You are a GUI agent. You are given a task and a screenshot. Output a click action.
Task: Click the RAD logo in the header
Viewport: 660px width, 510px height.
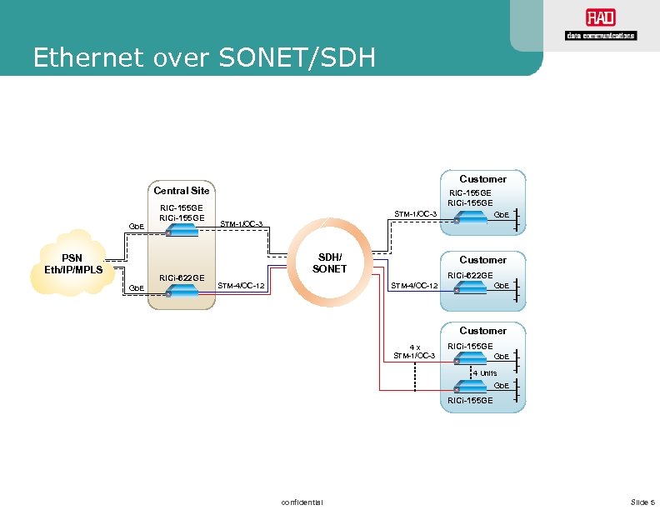pos(599,25)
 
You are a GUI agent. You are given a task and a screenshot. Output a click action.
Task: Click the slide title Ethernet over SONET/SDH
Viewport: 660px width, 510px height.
pos(204,58)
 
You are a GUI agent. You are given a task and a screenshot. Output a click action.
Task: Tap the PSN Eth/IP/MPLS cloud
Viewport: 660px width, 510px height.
pos(73,262)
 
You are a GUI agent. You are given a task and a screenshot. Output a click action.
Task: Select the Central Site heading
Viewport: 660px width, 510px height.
pos(181,191)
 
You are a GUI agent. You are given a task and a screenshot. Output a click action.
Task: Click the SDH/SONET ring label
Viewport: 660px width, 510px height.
pos(328,262)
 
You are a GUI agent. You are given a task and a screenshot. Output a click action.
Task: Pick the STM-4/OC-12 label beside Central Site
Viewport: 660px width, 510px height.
pos(241,286)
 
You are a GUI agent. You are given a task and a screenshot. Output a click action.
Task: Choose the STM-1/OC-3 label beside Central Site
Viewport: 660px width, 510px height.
pos(241,223)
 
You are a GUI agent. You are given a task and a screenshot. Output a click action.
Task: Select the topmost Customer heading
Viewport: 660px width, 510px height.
pos(482,179)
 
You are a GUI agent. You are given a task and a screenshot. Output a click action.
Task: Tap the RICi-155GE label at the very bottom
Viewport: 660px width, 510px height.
pos(470,401)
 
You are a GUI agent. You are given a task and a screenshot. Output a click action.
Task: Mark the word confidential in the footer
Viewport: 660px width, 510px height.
pos(302,501)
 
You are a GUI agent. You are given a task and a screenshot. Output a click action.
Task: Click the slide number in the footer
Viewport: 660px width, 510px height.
pos(642,501)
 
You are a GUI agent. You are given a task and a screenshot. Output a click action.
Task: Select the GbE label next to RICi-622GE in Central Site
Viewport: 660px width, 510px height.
pos(136,288)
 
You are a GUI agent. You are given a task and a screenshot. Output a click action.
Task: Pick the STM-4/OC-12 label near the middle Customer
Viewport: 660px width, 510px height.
pos(414,286)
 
